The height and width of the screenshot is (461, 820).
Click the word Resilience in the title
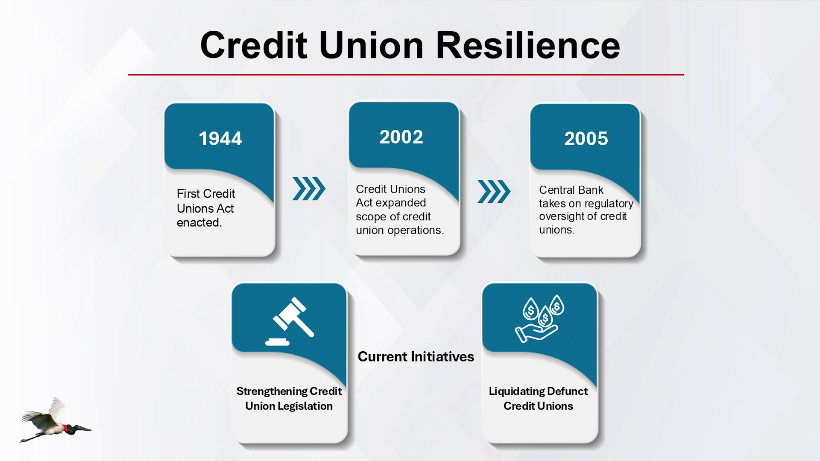point(528,45)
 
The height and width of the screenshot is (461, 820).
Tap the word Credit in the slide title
point(254,45)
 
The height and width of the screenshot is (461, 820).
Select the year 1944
point(220,139)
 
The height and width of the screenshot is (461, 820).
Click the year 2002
point(401,137)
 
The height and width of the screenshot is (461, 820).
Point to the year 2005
point(586,139)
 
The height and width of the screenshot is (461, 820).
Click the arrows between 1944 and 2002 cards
point(309,189)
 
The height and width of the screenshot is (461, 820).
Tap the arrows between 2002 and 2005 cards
point(494,191)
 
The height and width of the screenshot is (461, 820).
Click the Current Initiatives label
point(416,357)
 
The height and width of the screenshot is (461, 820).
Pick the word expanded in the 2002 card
point(401,203)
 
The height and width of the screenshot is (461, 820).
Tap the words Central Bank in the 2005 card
point(571,190)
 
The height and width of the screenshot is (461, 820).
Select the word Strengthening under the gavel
point(272,391)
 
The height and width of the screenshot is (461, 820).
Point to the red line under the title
point(406,75)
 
